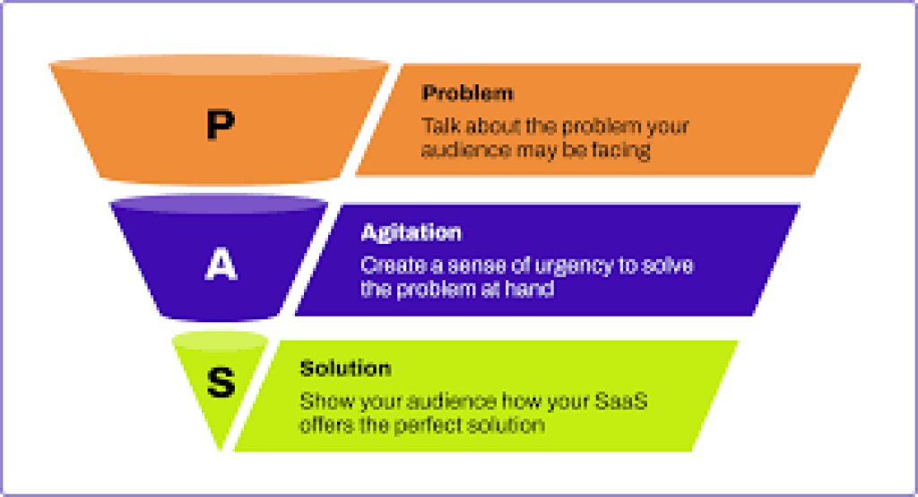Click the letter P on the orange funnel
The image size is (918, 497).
(x=221, y=124)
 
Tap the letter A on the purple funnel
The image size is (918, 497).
(x=221, y=264)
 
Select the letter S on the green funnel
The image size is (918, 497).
(x=221, y=383)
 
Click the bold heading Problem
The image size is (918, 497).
(x=467, y=93)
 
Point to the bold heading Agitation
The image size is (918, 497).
(x=411, y=232)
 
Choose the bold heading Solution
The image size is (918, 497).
(x=345, y=368)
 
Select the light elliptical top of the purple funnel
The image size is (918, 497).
(x=219, y=204)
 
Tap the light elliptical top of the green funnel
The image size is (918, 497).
(x=220, y=341)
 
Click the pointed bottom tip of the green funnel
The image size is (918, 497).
(x=221, y=449)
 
